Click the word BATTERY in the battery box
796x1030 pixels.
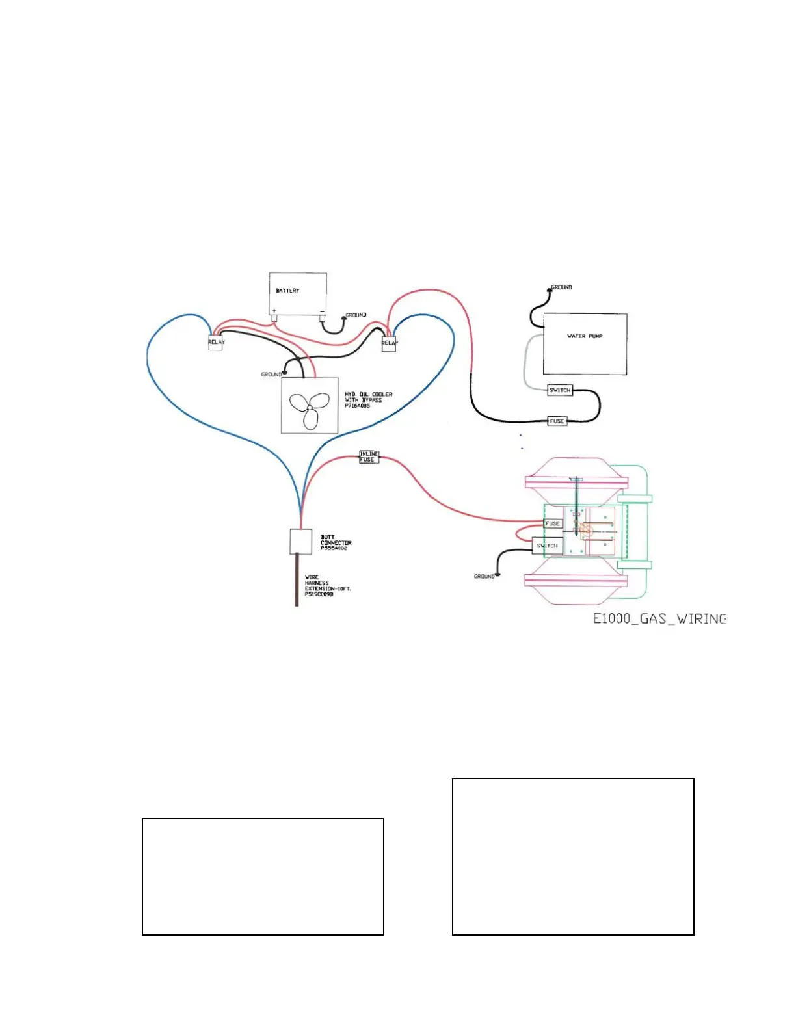tap(287, 291)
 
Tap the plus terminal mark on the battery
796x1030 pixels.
tap(274, 311)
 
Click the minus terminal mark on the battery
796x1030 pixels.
tap(322, 311)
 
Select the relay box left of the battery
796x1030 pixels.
tap(215, 343)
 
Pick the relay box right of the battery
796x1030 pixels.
tap(388, 343)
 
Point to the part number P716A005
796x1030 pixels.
tap(357, 406)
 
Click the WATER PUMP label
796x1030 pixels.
tap(585, 336)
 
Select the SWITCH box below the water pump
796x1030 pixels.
tap(559, 390)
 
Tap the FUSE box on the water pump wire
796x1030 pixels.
tap(557, 421)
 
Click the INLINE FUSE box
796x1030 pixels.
tap(369, 456)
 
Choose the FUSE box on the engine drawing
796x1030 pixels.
tap(552, 523)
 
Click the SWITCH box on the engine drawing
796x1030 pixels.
tap(547, 546)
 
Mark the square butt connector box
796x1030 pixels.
tap(300, 541)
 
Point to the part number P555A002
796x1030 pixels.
tap(334, 548)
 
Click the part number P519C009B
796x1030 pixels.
tap(319, 594)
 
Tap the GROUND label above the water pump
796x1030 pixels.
tap(562, 287)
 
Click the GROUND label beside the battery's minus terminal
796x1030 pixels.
tap(356, 315)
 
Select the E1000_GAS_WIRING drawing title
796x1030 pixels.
tap(659, 618)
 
